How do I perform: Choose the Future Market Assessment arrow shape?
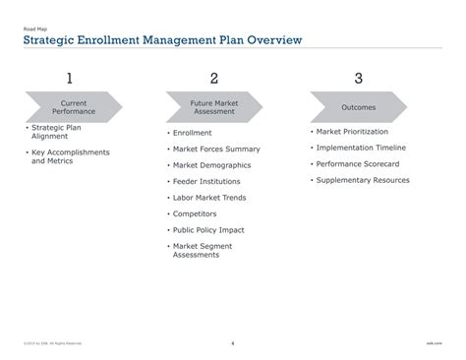click(214, 106)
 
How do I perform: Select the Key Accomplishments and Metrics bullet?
click(70, 156)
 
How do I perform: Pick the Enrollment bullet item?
click(192, 133)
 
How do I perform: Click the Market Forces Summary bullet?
click(216, 149)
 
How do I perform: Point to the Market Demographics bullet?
click(211, 165)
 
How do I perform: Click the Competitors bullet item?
click(196, 213)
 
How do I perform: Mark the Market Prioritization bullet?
click(352, 132)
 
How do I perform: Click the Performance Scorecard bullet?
click(356, 164)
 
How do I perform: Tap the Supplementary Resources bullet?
click(363, 180)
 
